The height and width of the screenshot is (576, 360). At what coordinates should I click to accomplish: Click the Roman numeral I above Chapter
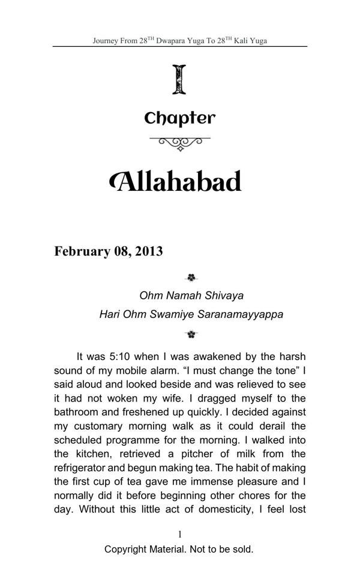click(x=179, y=80)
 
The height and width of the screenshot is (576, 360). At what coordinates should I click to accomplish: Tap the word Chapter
click(x=179, y=118)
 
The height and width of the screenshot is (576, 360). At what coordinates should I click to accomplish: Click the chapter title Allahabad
click(x=176, y=181)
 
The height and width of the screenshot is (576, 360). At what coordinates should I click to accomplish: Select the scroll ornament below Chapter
click(x=179, y=143)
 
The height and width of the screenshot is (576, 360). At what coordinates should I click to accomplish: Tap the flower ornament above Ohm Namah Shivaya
click(x=191, y=278)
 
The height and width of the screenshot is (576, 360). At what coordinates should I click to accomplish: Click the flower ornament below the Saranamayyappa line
click(x=191, y=334)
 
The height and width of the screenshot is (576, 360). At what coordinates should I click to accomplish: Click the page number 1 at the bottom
click(x=179, y=534)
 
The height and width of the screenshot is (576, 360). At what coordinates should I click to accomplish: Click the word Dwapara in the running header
click(x=173, y=41)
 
